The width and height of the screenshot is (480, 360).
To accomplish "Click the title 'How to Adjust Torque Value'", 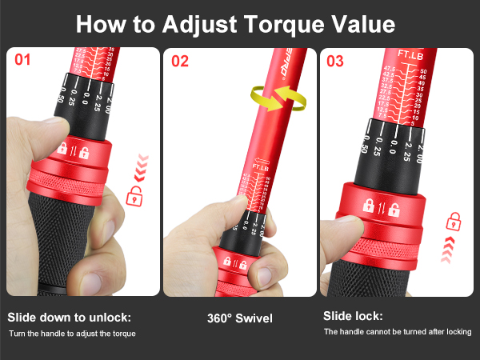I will point(235,23).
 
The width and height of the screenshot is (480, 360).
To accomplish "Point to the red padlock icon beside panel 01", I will point(135,194).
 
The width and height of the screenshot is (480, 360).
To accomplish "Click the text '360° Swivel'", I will point(239,318).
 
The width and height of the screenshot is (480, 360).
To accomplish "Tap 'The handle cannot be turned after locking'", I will point(397,331).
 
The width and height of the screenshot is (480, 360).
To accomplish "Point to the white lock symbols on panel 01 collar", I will point(74,149).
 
